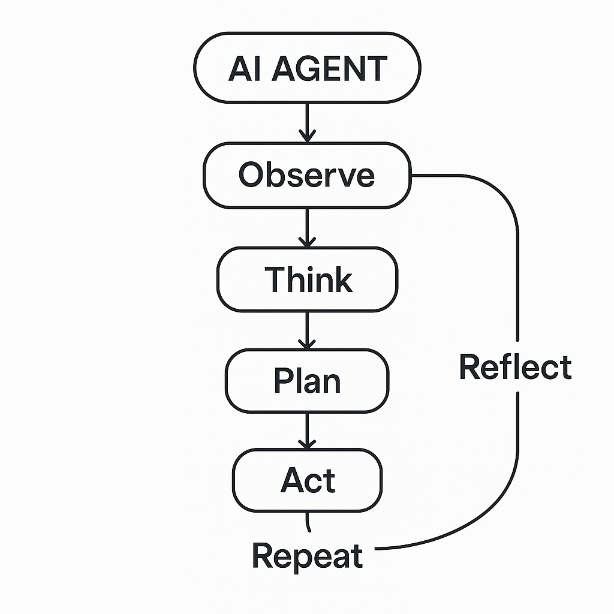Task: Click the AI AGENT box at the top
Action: click(308, 67)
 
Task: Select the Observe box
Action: click(307, 175)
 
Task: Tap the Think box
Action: click(307, 279)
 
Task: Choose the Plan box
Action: click(307, 381)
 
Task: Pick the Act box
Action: click(307, 481)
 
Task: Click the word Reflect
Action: click(515, 367)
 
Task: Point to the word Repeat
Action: click(307, 556)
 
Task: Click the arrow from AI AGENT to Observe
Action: click(307, 123)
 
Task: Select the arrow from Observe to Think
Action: click(307, 228)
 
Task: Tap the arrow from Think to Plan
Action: click(307, 331)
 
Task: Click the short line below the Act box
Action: click(308, 522)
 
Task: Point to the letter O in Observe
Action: click(251, 175)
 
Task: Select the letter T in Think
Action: click(275, 279)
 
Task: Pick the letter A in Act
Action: click(291, 481)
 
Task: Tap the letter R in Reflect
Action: click(470, 367)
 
